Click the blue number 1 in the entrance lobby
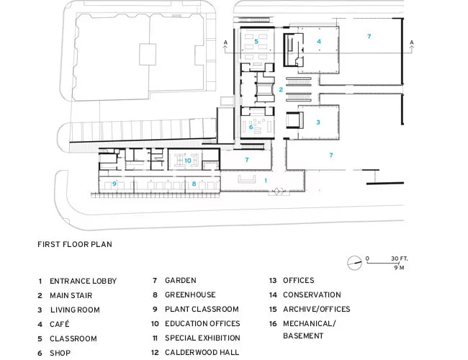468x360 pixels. [x=266, y=181]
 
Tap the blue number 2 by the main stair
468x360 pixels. [x=281, y=89]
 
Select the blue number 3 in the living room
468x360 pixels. [x=318, y=122]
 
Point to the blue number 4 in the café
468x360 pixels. [x=319, y=42]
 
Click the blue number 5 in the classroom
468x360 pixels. [x=256, y=42]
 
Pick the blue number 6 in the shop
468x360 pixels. [x=251, y=127]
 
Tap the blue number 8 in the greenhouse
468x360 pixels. [x=194, y=184]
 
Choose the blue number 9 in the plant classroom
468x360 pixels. [x=114, y=184]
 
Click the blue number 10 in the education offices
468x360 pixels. [x=188, y=161]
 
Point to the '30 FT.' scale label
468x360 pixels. [x=400, y=258]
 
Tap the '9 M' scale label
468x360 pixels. [x=399, y=268]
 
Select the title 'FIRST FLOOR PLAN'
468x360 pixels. [x=75, y=245]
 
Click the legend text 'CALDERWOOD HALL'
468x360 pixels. [x=202, y=353]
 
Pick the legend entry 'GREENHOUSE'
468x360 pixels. [x=190, y=295]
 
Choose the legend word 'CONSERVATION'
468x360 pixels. [x=312, y=295]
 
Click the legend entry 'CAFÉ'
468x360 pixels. [x=59, y=324]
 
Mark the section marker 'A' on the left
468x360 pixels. [x=225, y=42]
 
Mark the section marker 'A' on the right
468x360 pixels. [x=412, y=42]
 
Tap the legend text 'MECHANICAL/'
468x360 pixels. [x=310, y=324]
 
